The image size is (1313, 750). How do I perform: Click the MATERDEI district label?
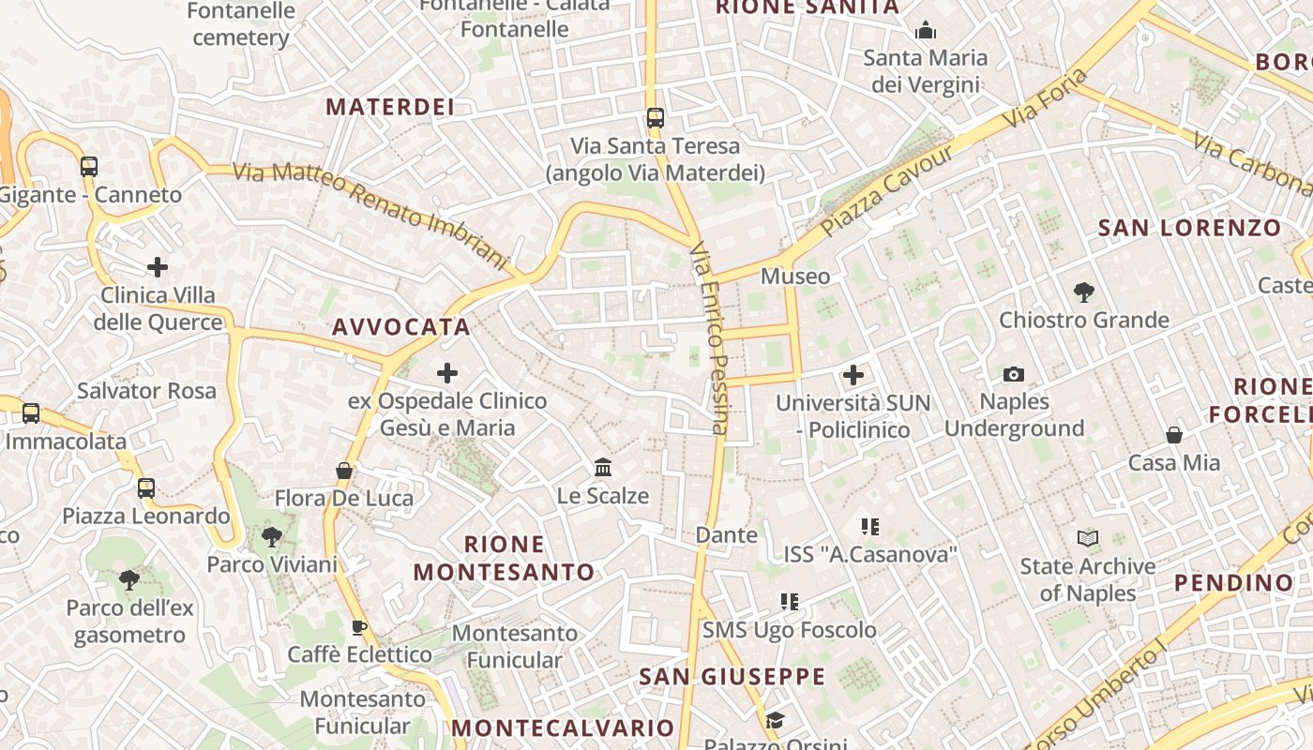[390, 107]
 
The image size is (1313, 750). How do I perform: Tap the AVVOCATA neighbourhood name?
[401, 327]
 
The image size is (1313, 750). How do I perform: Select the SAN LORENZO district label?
[1189, 228]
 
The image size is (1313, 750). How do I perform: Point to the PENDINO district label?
[1234, 583]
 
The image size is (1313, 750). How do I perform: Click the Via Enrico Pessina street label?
[708, 339]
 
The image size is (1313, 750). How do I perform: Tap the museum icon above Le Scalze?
[603, 467]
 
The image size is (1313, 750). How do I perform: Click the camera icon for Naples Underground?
[1013, 375]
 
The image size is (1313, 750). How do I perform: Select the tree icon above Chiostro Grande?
[1084, 292]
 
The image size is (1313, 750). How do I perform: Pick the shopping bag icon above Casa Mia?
[1174, 435]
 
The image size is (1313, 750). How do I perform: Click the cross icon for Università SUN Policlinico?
[853, 376]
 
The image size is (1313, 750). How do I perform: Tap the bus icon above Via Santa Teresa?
[656, 118]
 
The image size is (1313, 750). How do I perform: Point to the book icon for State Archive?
[1088, 539]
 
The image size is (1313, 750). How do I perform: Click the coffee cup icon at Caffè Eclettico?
[358, 627]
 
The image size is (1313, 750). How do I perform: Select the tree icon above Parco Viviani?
[272, 537]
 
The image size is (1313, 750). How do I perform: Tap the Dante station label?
[726, 535]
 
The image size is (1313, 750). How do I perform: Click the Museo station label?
[795, 277]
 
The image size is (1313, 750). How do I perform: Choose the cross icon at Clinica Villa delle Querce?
[158, 268]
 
